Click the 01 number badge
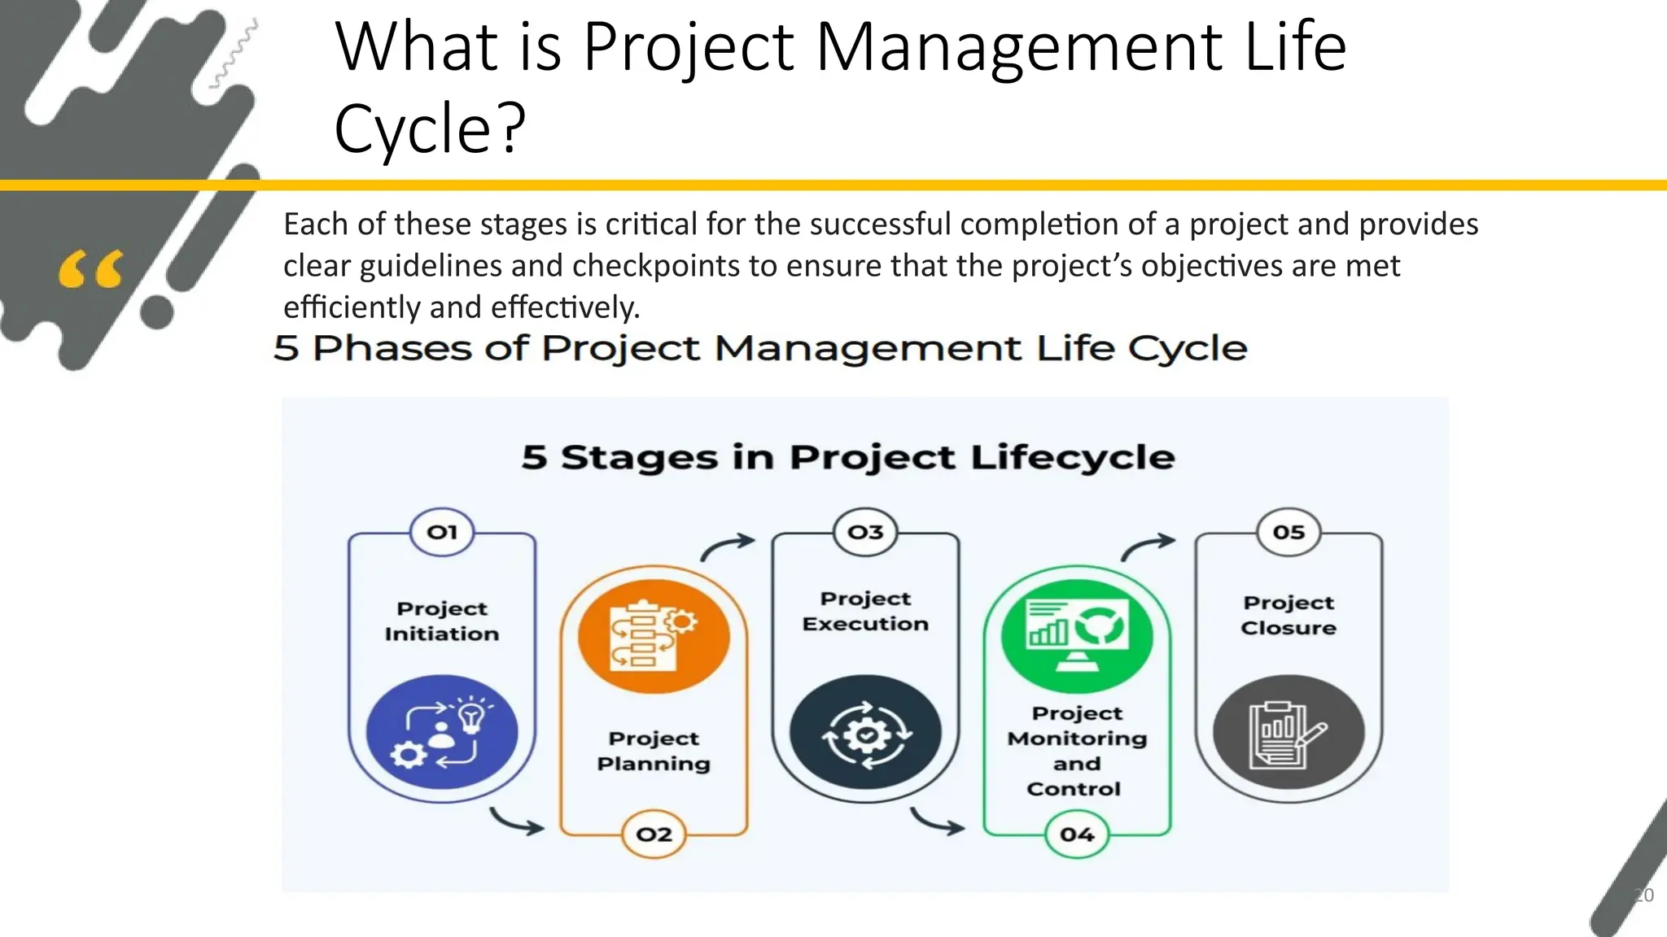[442, 532]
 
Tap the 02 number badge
[654, 835]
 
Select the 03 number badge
[865, 532]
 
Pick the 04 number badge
[1077, 835]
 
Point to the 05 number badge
[1289, 532]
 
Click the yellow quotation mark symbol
[91, 270]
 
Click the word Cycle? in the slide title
[430, 129]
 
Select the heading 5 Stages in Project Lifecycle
[847, 457]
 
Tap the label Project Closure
[1289, 615]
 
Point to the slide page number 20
[1643, 896]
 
